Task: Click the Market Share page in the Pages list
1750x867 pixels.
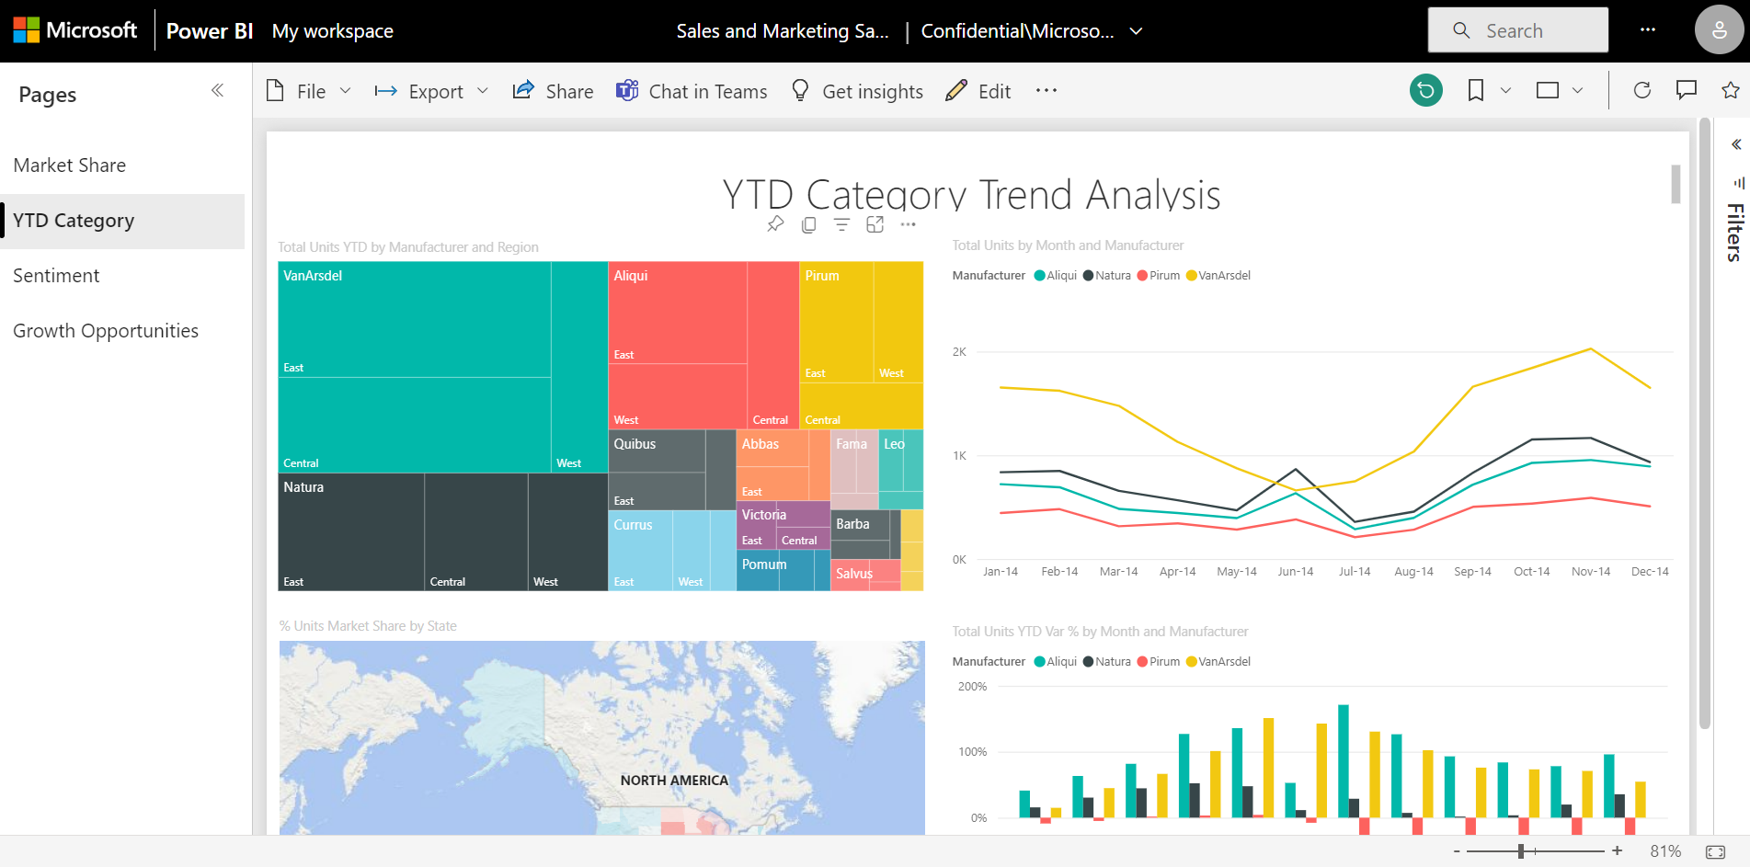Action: pos(70,165)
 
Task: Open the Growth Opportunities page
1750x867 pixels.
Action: pos(106,331)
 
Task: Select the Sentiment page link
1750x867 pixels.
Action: pos(56,276)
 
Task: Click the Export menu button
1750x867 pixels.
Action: pos(431,92)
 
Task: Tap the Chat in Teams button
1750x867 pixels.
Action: pos(692,92)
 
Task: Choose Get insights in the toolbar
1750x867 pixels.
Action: pos(857,92)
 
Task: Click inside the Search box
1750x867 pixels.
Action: pos(1527,31)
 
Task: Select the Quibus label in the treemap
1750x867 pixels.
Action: pos(635,444)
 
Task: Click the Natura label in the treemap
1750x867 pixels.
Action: pos(303,487)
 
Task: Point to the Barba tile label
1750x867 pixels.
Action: pos(852,524)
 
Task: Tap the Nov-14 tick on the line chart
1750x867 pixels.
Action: pos(1591,572)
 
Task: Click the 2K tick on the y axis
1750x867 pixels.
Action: pos(959,352)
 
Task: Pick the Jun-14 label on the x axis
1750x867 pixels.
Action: pos(1295,572)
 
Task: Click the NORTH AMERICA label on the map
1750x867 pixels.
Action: pos(674,781)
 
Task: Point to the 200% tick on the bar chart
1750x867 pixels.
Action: pos(972,687)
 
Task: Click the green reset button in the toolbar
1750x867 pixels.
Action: pos(1425,90)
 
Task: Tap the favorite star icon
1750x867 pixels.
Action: pos(1730,90)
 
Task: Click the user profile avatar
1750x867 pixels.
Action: pos(1718,30)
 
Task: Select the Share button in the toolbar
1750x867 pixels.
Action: pos(553,92)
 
